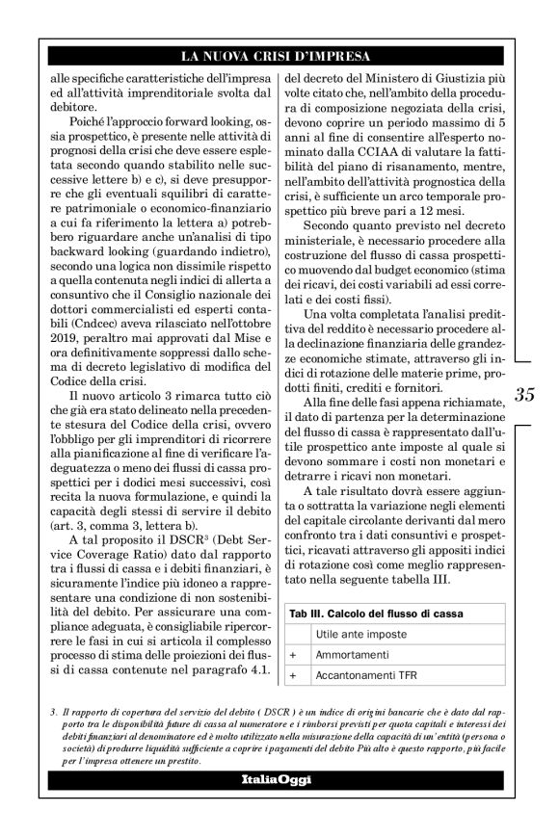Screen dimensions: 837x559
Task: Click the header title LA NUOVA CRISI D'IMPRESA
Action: (279, 56)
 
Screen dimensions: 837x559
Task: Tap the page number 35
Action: (525, 394)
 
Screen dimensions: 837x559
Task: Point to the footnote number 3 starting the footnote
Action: (56, 711)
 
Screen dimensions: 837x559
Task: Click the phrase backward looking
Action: (93, 251)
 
